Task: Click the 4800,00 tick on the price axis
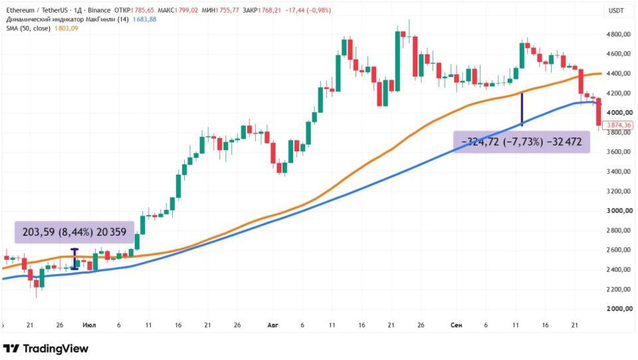(619, 34)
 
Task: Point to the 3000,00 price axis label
(619, 211)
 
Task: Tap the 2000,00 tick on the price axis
(619, 309)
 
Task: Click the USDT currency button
(616, 11)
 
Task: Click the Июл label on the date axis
(89, 325)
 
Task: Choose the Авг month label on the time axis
(272, 325)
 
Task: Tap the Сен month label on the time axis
(456, 325)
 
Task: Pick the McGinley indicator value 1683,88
(144, 19)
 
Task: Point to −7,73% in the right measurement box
(523, 142)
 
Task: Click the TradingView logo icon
(11, 349)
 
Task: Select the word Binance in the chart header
(99, 11)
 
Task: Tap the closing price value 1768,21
(268, 11)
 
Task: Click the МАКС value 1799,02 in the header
(186, 11)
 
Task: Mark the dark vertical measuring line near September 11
(522, 110)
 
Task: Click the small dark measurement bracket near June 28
(74, 259)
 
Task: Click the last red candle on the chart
(599, 112)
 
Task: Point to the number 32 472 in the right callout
(564, 142)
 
